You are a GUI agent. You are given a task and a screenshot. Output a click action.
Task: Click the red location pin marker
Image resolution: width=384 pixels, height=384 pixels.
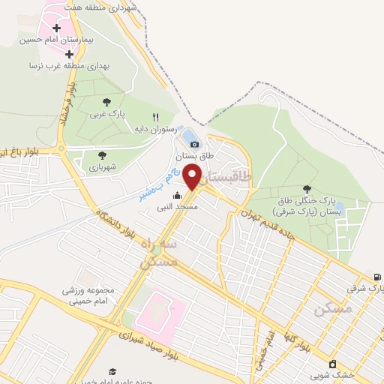pos(193,177)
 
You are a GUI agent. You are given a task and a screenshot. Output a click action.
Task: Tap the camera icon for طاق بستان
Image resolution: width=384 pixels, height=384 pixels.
pos(194,143)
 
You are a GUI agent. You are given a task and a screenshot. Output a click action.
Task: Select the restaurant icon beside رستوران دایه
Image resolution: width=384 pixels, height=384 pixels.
pos(156,117)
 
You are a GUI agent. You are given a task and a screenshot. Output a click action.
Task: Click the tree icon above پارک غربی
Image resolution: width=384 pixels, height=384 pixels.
pos(103,102)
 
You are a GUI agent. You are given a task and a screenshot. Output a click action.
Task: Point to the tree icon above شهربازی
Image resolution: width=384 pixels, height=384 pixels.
pos(103,155)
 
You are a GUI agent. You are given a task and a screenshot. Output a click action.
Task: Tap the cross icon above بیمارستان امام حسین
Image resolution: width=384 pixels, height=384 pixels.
pos(57,28)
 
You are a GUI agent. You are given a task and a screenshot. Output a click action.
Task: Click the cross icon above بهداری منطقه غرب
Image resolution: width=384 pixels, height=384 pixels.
pos(69,55)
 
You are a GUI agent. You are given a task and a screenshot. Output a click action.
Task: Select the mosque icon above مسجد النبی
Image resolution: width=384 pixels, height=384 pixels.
pos(177,196)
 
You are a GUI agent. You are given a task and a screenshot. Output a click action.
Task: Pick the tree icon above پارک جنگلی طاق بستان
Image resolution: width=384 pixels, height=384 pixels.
pos(306,189)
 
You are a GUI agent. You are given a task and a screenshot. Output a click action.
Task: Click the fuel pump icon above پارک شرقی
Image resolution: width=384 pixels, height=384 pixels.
pos(376,276)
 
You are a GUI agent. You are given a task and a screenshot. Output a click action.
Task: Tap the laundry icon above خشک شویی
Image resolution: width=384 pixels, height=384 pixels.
pos(332,364)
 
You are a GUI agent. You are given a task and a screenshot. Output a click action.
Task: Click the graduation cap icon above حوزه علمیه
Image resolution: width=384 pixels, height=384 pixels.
pos(112,371)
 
